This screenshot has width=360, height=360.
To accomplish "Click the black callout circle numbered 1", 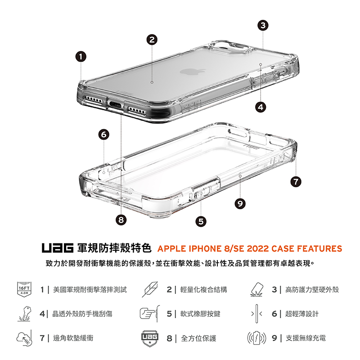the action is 81,57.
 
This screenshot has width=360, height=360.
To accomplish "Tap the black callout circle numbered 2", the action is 152,40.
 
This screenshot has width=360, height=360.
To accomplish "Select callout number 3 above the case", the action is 263,25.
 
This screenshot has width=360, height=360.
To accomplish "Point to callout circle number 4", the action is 261,107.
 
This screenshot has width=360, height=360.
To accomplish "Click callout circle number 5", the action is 201,221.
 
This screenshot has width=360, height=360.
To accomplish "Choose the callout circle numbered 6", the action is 104,135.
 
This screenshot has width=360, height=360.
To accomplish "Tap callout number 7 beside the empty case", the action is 296,182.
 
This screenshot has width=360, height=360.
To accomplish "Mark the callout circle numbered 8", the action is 121,220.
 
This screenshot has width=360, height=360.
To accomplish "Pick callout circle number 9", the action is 240,204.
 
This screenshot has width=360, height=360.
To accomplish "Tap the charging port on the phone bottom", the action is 116,105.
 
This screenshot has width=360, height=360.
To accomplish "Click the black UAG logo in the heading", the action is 58,248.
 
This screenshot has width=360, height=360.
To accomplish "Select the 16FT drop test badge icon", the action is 24,289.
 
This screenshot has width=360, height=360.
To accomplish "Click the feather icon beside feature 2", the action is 150,289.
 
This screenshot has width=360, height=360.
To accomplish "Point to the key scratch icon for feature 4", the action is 24,314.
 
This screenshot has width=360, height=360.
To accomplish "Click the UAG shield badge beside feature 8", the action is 150,339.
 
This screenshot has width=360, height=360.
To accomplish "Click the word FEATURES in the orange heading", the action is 319,249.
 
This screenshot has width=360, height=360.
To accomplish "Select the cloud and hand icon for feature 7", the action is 24,338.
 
